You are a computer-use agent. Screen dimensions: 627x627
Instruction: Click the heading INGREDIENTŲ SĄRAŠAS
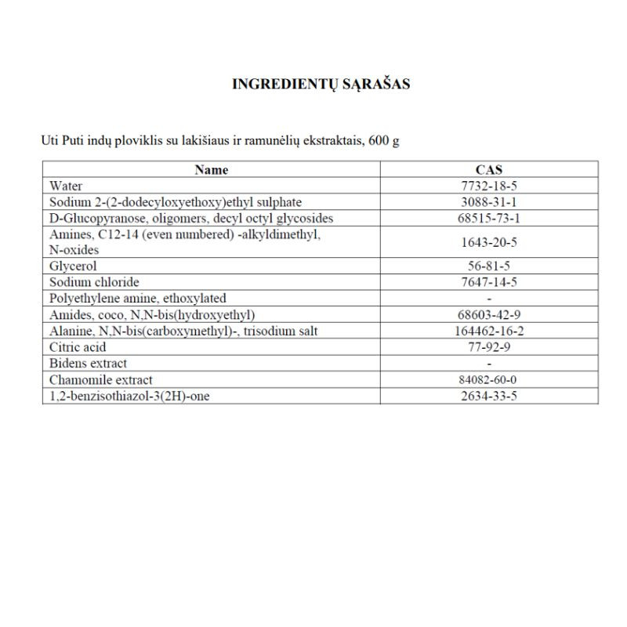321,85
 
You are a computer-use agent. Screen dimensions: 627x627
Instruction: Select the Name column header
211,169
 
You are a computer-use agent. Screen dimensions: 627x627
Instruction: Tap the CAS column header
489,169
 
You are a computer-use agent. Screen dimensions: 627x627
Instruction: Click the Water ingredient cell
66,186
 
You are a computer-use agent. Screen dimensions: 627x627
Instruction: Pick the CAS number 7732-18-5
489,186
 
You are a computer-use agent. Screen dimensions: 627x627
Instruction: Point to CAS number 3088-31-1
489,202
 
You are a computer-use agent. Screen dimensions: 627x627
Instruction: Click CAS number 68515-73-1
489,218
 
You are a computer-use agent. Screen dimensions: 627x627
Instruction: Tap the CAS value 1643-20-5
489,242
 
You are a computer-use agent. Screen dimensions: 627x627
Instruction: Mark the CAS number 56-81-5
489,266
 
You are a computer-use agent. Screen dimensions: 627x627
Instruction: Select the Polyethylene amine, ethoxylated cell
137,298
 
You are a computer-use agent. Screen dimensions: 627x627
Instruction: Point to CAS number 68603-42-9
489,314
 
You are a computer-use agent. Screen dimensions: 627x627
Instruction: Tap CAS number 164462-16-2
489,331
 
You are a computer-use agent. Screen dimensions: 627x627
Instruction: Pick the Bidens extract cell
88,363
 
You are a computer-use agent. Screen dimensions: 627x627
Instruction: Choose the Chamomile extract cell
100,380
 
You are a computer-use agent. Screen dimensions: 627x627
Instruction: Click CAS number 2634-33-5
489,396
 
